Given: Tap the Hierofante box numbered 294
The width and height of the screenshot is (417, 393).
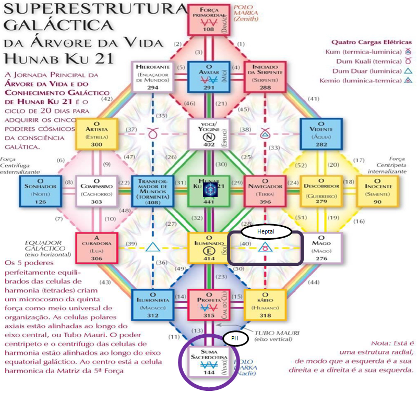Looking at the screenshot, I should [x=153, y=77].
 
